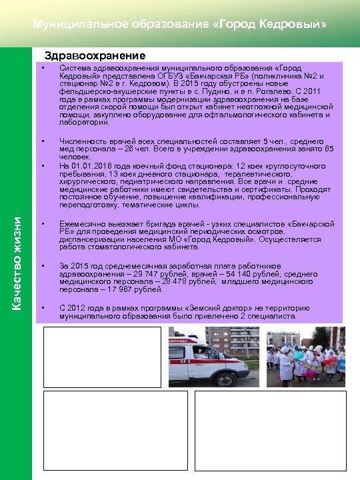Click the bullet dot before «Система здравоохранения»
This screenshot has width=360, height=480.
[x=42, y=69]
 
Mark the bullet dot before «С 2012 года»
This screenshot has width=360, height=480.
[x=42, y=307]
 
